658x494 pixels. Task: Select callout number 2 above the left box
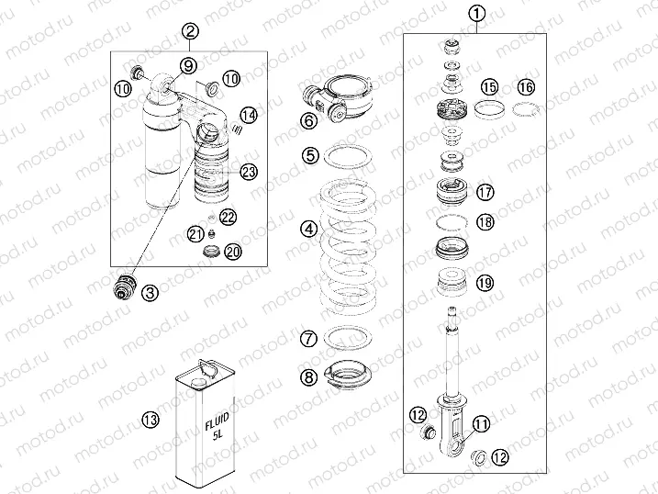point(190,32)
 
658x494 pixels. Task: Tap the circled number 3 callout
point(150,293)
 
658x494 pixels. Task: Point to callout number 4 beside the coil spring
point(285,229)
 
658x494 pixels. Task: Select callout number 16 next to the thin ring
point(524,87)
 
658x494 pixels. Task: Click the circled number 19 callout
point(485,284)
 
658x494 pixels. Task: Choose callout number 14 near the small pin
point(247,115)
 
